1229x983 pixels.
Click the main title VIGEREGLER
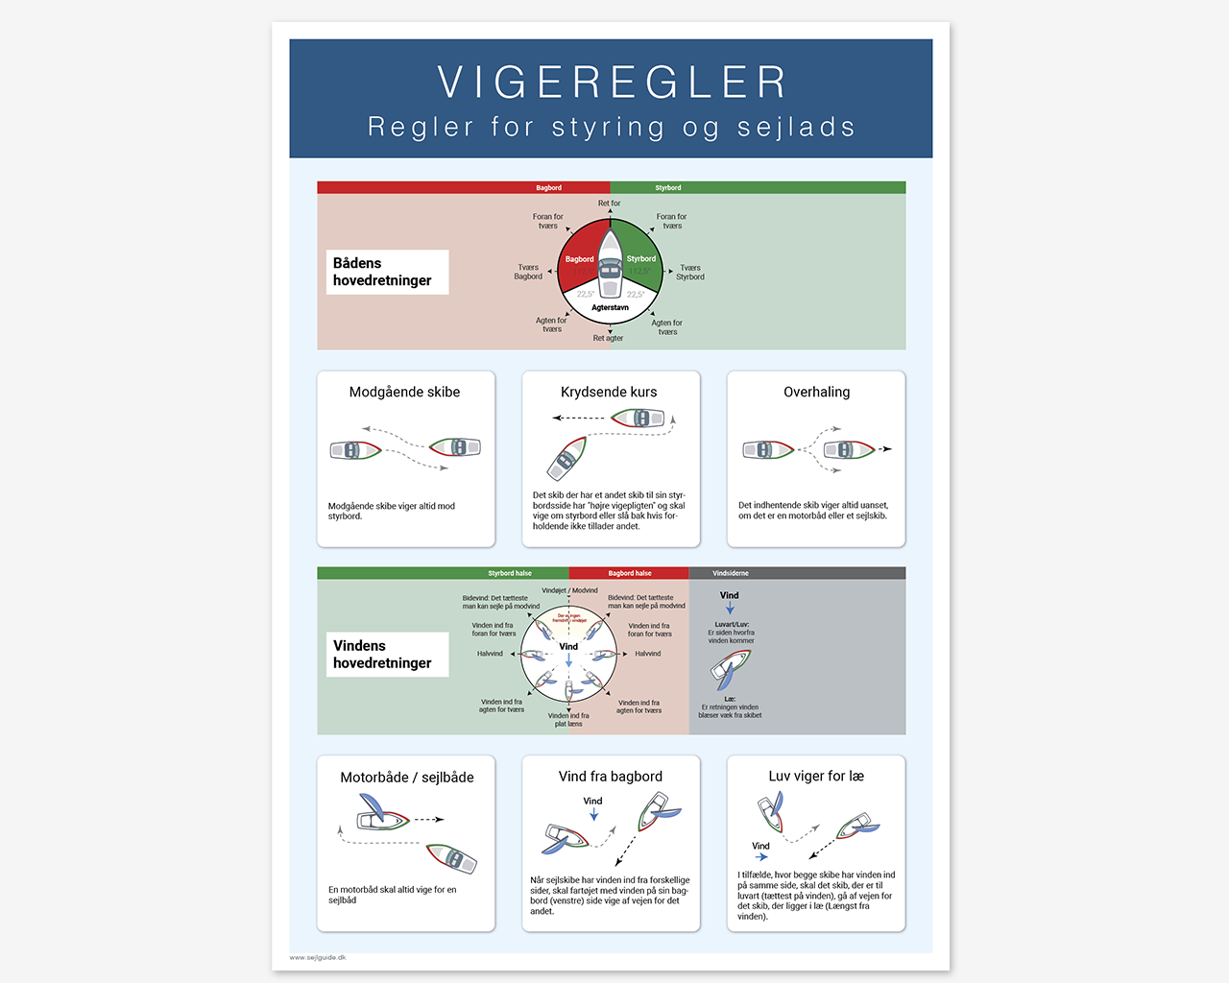[x=612, y=83]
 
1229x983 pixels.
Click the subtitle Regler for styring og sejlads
[x=612, y=127]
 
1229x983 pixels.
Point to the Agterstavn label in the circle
[x=610, y=308]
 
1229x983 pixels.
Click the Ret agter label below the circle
[x=608, y=338]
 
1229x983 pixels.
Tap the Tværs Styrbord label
[x=689, y=273]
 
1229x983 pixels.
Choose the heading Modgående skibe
[x=404, y=392]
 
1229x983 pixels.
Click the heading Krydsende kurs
[x=609, y=392]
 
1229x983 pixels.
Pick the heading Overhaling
[x=816, y=392]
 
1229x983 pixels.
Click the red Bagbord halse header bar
[x=629, y=573]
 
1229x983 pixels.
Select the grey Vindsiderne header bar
[x=797, y=573]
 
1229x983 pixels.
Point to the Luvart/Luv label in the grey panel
[x=732, y=624]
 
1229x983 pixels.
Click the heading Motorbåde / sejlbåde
[x=406, y=778]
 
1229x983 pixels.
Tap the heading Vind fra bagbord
[x=610, y=777]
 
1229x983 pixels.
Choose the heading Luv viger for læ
[x=816, y=776]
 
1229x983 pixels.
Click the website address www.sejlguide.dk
[x=318, y=957]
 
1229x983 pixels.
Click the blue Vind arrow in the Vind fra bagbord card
[x=594, y=814]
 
